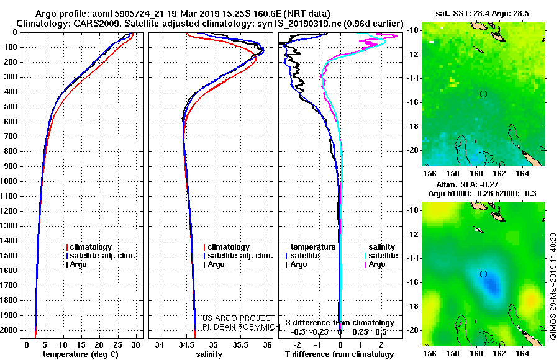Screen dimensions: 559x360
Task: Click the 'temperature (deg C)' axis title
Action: [80, 354]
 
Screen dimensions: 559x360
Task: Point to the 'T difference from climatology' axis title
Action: [339, 354]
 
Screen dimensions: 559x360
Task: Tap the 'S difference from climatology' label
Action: [340, 323]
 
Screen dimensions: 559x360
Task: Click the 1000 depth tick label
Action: [9, 181]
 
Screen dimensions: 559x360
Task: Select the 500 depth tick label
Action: [11, 107]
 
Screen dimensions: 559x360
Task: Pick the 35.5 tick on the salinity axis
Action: [240, 345]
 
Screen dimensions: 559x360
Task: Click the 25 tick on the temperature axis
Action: [117, 345]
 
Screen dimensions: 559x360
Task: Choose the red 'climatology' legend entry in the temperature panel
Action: [89, 247]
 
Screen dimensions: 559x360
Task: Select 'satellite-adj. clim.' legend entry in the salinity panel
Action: [238, 256]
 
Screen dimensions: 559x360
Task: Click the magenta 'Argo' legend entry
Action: [375, 264]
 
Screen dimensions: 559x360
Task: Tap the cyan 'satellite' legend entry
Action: [381, 256]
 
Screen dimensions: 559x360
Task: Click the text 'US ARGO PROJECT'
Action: [237, 318]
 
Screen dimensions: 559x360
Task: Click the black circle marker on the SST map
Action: [483, 94]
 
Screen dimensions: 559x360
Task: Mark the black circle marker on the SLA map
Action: [483, 274]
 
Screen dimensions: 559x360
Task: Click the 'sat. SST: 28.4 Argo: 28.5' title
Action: [483, 14]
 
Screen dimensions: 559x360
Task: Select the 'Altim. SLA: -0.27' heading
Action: [467, 184]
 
